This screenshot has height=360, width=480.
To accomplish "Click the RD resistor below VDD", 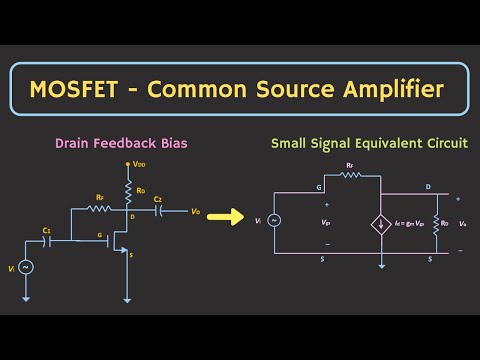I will (x=127, y=188).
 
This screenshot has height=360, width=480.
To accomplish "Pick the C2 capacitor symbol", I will (x=158, y=211).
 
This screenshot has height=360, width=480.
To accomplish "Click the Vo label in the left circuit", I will (x=196, y=211).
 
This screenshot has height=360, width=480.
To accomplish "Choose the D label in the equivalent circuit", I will (x=429, y=186).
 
